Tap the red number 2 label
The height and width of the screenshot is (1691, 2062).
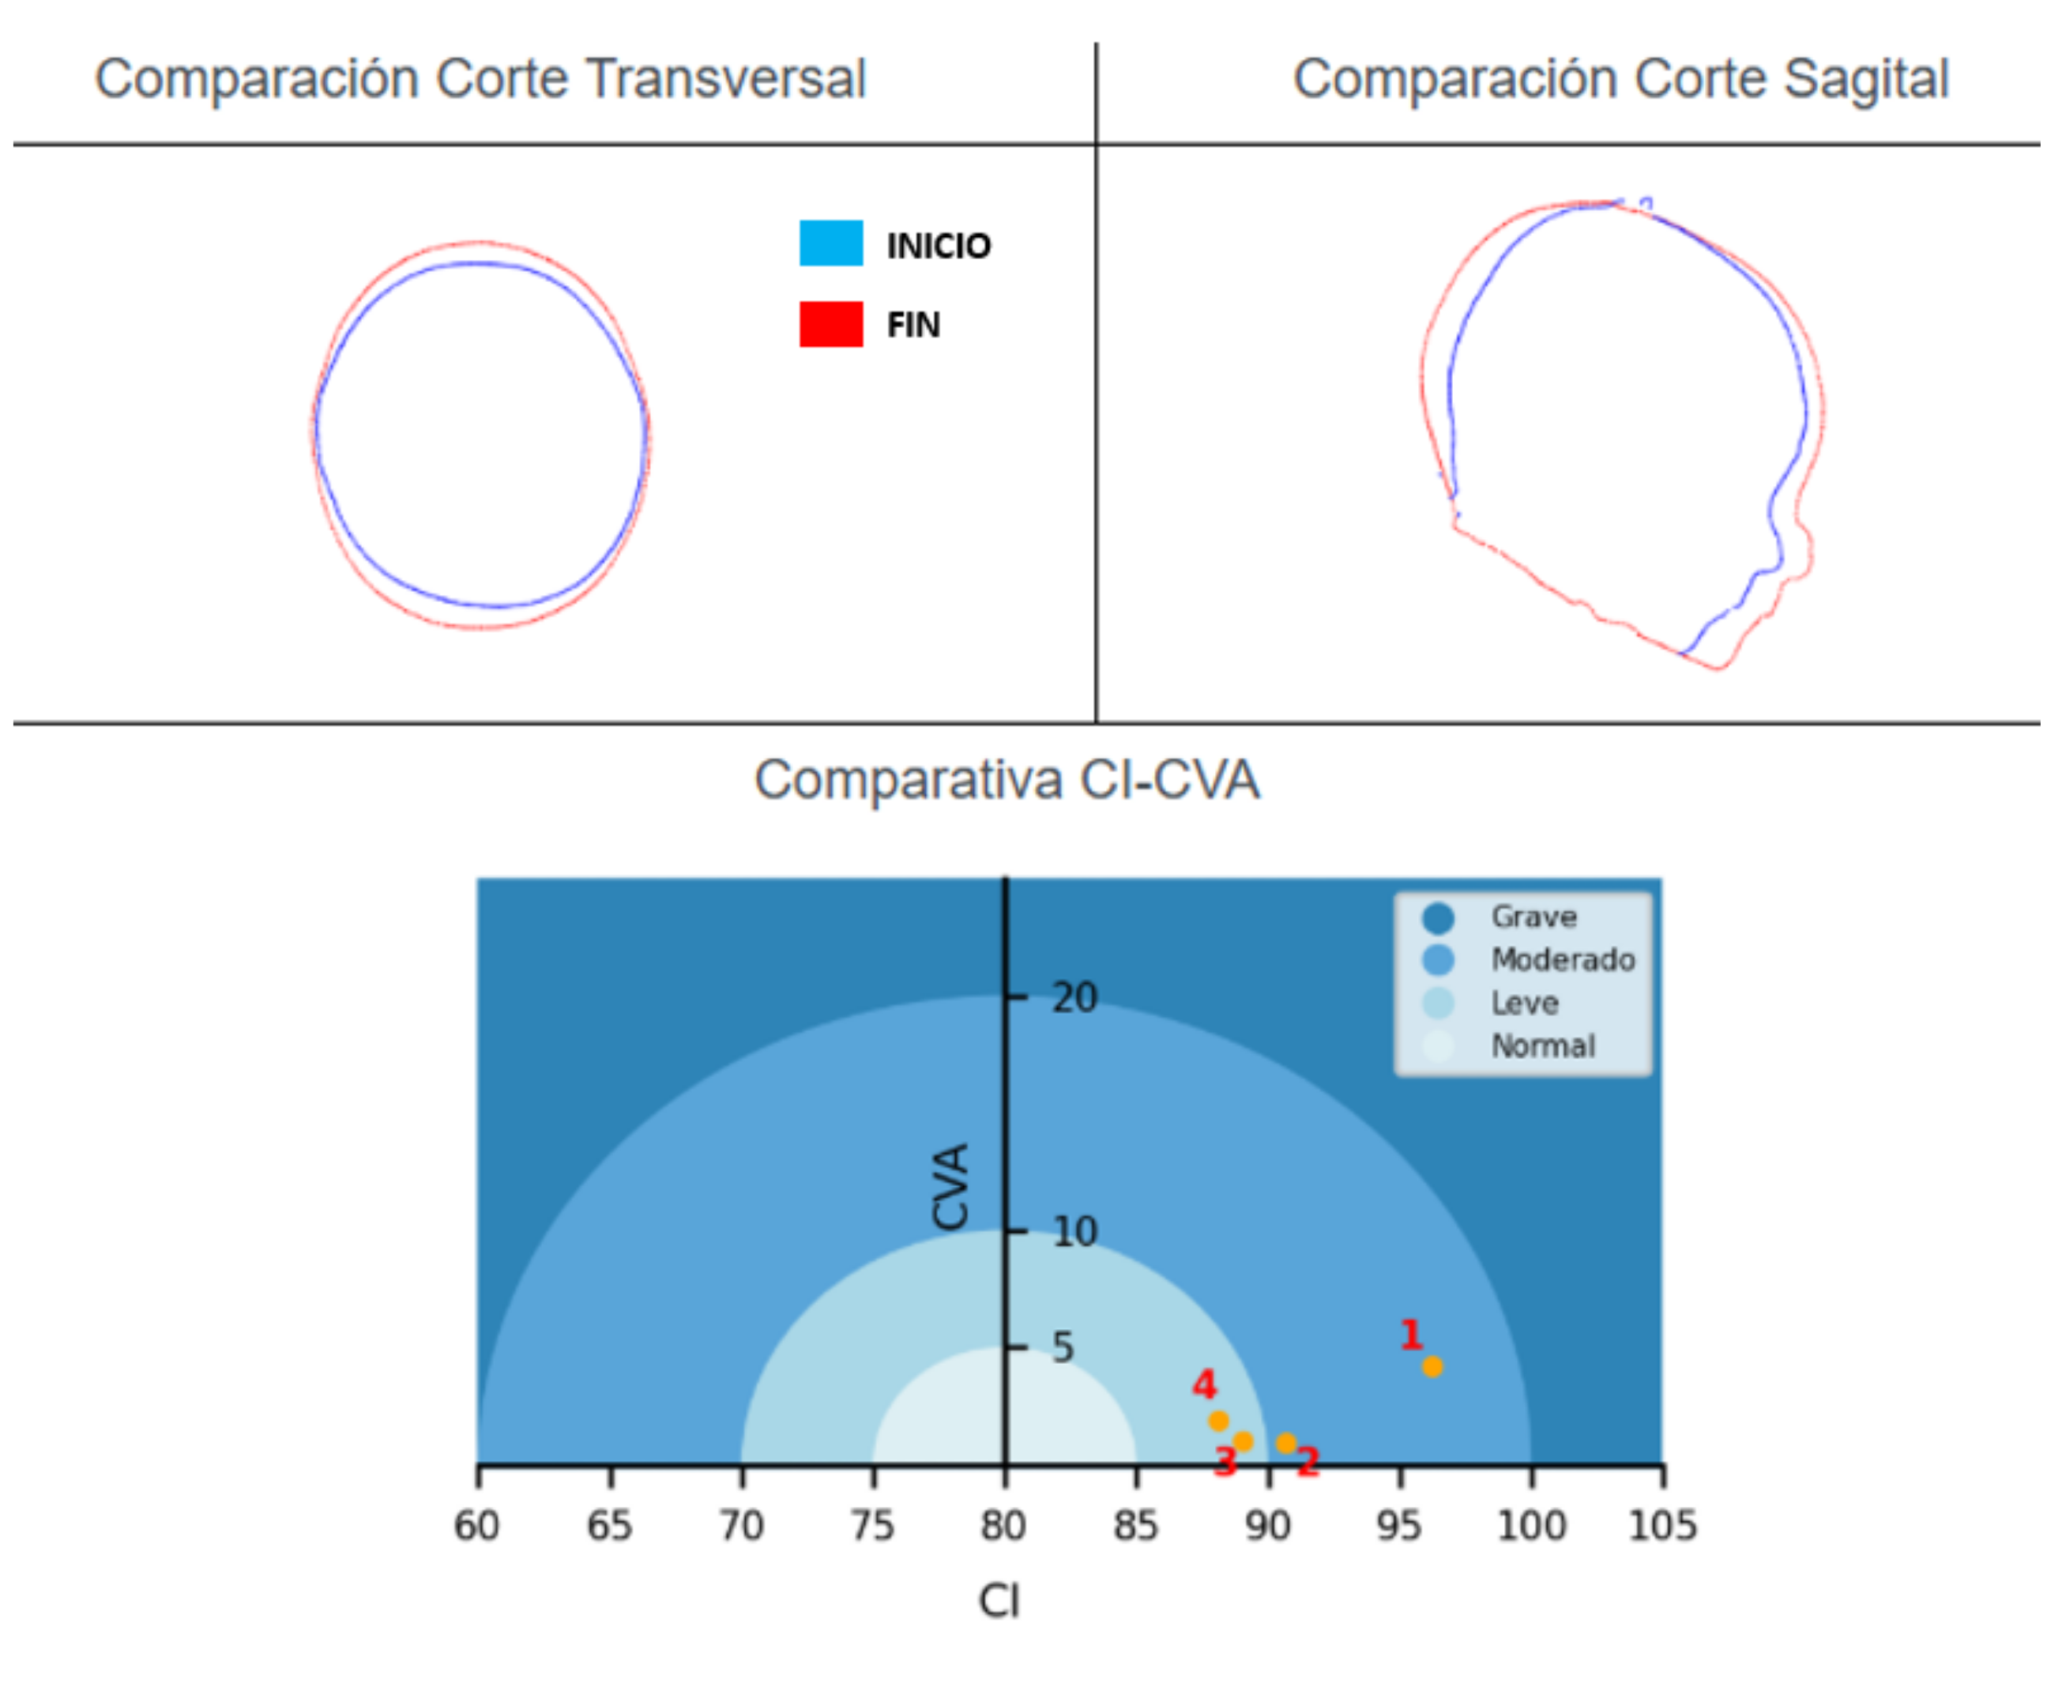tap(1308, 1460)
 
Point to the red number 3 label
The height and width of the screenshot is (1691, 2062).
tap(1225, 1461)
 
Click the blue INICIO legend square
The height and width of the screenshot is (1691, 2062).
tap(831, 243)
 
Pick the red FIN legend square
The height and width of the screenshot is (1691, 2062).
tap(831, 324)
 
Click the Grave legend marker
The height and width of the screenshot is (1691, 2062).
tap(1438, 917)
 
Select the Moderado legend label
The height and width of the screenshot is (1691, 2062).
tap(1563, 960)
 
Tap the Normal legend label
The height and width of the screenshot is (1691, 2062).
tap(1543, 1046)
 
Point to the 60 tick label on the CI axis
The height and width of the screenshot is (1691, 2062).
tap(477, 1525)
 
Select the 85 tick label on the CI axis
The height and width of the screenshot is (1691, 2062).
tap(1136, 1525)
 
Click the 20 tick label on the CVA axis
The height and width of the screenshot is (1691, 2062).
tap(1074, 997)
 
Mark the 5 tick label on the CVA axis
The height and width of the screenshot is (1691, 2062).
tap(1063, 1348)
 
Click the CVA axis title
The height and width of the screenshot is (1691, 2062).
tap(950, 1185)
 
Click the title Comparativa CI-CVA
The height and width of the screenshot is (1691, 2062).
tap(1007, 780)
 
